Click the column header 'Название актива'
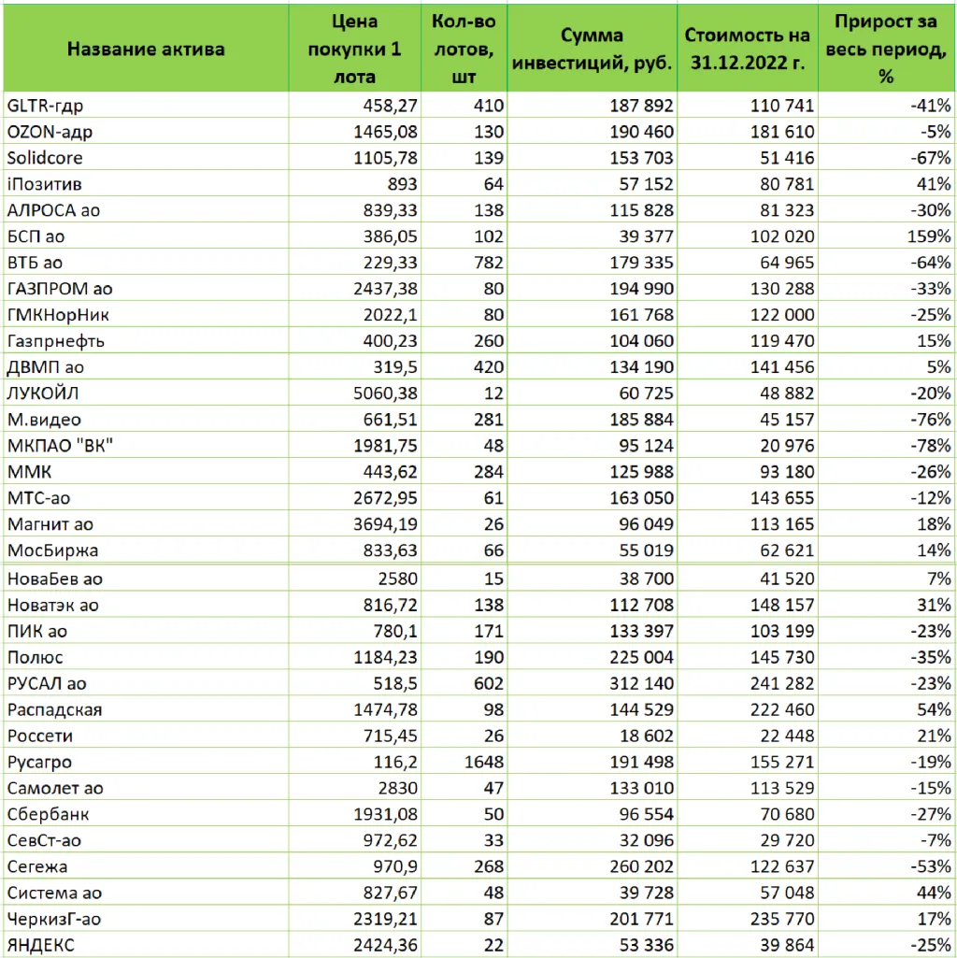click(x=146, y=49)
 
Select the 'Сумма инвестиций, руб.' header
click(x=592, y=49)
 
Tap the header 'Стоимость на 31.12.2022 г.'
click(x=747, y=49)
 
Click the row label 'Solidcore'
click(x=44, y=158)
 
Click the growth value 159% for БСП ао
click(x=929, y=236)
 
